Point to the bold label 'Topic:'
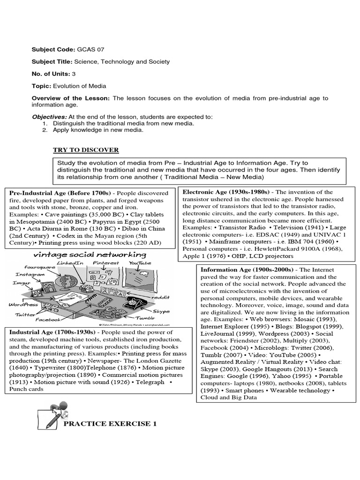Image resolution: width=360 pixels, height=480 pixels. click(x=41, y=86)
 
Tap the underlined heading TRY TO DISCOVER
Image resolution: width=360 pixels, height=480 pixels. click(x=86, y=150)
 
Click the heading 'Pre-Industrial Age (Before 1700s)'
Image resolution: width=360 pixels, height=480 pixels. click(x=60, y=193)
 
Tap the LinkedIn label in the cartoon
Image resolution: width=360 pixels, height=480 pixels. click(x=71, y=263)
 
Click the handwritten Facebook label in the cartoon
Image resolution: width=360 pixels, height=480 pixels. click(x=48, y=320)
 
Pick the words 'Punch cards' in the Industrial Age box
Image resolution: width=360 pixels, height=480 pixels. click(x=26, y=389)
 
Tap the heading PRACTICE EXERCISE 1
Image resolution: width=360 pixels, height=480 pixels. click(x=110, y=424)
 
